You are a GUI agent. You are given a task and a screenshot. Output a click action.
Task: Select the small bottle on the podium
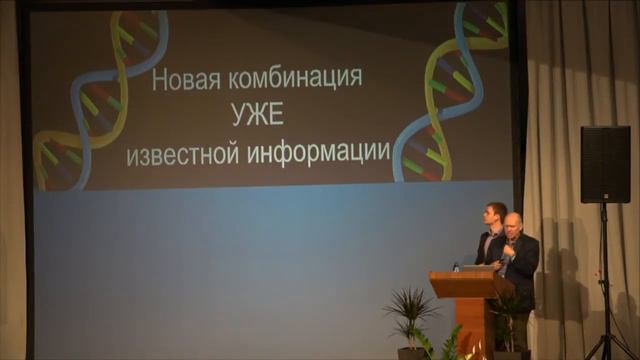pos(455,267)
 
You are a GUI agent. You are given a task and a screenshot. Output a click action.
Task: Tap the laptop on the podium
pos(474,267)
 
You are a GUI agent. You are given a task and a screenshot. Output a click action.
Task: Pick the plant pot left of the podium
pos(411,352)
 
